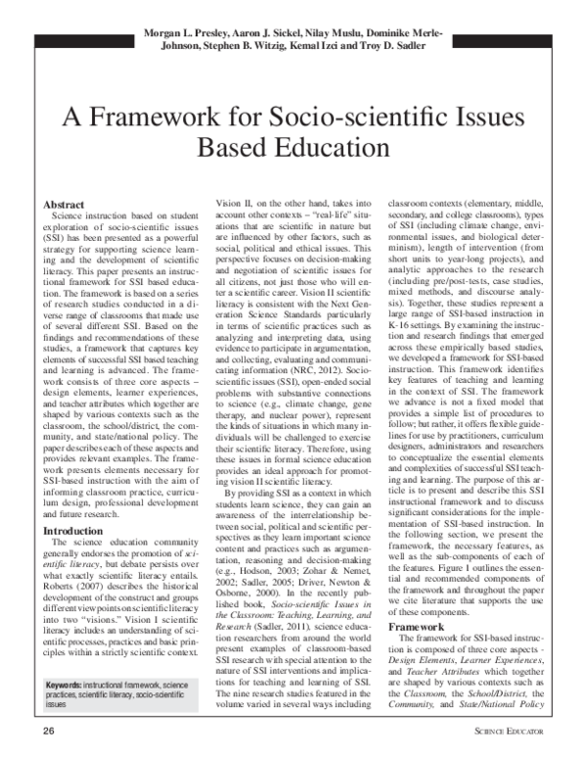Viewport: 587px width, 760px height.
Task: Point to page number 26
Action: tap(47, 732)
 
